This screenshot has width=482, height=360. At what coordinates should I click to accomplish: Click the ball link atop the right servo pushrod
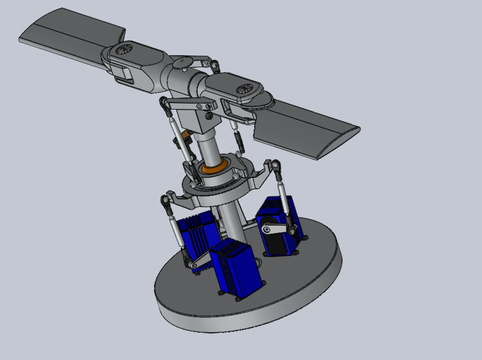276,166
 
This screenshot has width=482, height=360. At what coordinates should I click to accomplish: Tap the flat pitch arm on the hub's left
189,103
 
